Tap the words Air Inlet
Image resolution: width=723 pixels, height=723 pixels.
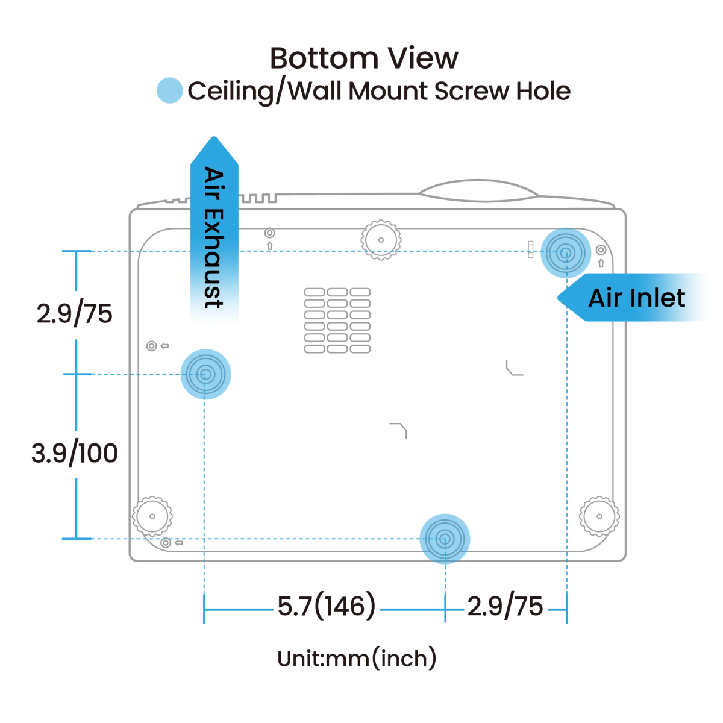pyautogui.click(x=636, y=298)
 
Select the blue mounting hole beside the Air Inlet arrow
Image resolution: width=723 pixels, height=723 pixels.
pyautogui.click(x=565, y=253)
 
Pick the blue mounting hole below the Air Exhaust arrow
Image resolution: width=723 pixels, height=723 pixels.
pyautogui.click(x=205, y=374)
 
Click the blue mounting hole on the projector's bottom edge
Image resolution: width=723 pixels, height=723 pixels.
pyautogui.click(x=445, y=539)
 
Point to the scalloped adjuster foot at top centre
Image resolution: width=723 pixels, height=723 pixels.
pyautogui.click(x=381, y=240)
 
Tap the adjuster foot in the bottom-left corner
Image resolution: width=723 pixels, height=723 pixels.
pyautogui.click(x=152, y=516)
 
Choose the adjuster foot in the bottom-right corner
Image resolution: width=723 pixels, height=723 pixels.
pyautogui.click(x=599, y=516)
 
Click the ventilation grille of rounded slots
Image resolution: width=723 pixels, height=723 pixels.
pyautogui.click(x=337, y=321)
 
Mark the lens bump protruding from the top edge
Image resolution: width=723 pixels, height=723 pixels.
pyautogui.click(x=477, y=191)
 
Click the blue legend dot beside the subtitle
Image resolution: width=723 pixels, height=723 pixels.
pyautogui.click(x=169, y=90)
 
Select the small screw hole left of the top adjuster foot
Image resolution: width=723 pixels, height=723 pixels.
pyautogui.click(x=269, y=233)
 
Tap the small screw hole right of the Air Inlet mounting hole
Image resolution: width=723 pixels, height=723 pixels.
pyautogui.click(x=601, y=250)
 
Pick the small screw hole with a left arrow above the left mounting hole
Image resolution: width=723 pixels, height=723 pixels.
pyautogui.click(x=152, y=346)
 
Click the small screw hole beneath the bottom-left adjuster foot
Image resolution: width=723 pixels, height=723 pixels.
pyautogui.click(x=166, y=543)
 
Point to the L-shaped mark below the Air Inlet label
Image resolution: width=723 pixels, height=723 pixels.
pyautogui.click(x=513, y=368)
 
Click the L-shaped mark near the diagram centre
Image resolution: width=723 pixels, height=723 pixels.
pyautogui.click(x=399, y=430)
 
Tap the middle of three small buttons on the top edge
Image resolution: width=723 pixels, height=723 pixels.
pyautogui.click(x=259, y=198)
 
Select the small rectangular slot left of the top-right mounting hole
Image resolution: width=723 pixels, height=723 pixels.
pyautogui.click(x=530, y=249)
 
